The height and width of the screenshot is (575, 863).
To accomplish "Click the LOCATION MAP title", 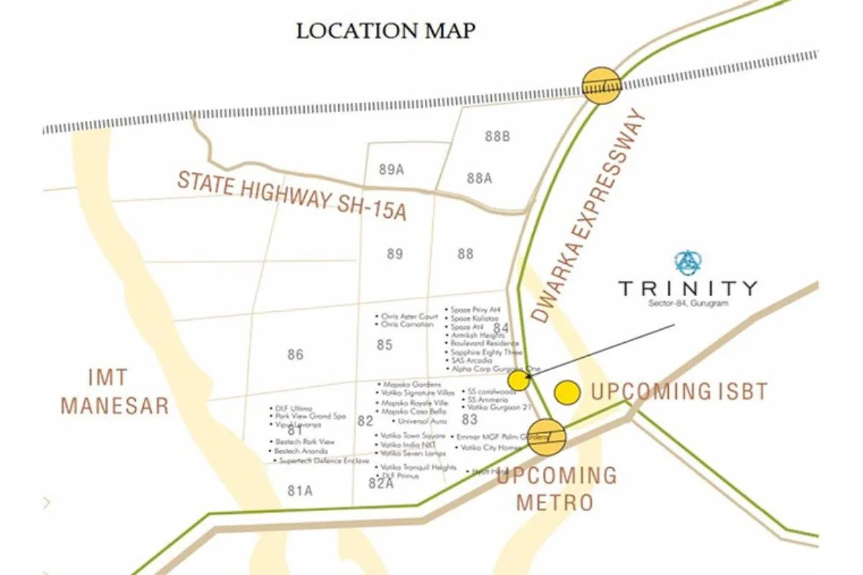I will pyautogui.click(x=386, y=31).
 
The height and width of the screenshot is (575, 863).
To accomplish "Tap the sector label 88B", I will pyautogui.click(x=497, y=136).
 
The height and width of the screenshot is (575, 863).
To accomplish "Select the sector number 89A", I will pyautogui.click(x=391, y=170).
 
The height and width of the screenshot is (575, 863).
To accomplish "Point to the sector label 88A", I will pyautogui.click(x=479, y=178).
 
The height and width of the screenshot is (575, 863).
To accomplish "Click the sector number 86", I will pyautogui.click(x=295, y=354).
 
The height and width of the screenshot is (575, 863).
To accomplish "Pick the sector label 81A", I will pyautogui.click(x=300, y=491).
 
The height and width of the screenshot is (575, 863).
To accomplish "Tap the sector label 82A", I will pyautogui.click(x=381, y=484).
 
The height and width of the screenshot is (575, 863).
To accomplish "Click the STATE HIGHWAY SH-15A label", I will pyautogui.click(x=292, y=195).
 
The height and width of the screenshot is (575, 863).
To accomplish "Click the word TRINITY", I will pyautogui.click(x=688, y=288).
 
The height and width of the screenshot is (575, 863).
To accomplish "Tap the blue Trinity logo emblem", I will pyautogui.click(x=688, y=262).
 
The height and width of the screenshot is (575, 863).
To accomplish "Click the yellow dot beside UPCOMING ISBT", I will pyautogui.click(x=567, y=392).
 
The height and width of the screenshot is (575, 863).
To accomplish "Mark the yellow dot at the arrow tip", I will pyautogui.click(x=519, y=380).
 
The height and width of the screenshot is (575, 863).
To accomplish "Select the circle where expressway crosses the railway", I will pyautogui.click(x=601, y=86).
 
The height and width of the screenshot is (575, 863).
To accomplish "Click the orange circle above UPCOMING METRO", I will pyautogui.click(x=547, y=437).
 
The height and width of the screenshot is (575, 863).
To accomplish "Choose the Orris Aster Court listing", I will pyautogui.click(x=409, y=316).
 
